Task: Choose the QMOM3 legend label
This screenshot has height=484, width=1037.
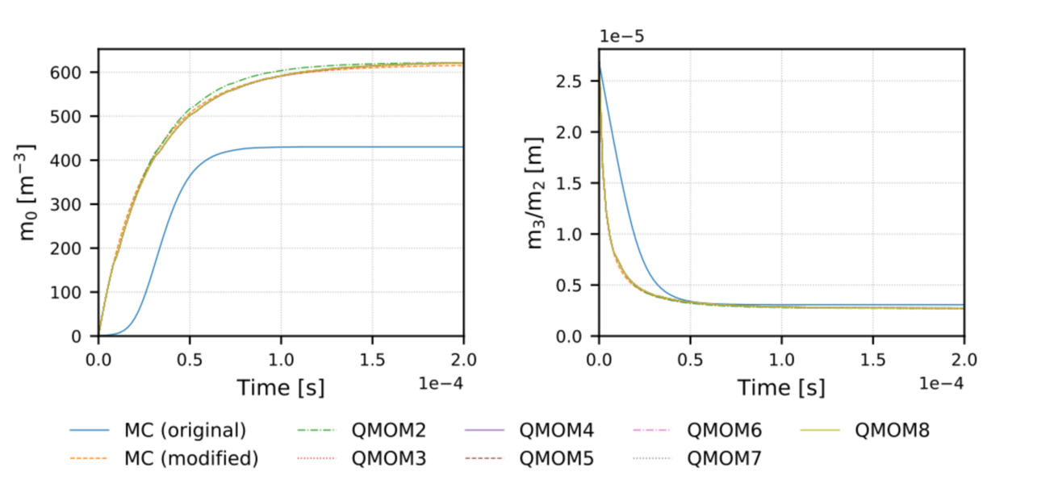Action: click(389, 458)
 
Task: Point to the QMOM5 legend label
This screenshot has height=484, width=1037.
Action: click(558, 458)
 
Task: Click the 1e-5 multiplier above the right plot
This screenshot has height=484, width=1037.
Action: click(621, 36)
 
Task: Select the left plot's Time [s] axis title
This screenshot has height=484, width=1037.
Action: click(280, 388)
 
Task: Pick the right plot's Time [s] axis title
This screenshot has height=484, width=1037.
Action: click(781, 388)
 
